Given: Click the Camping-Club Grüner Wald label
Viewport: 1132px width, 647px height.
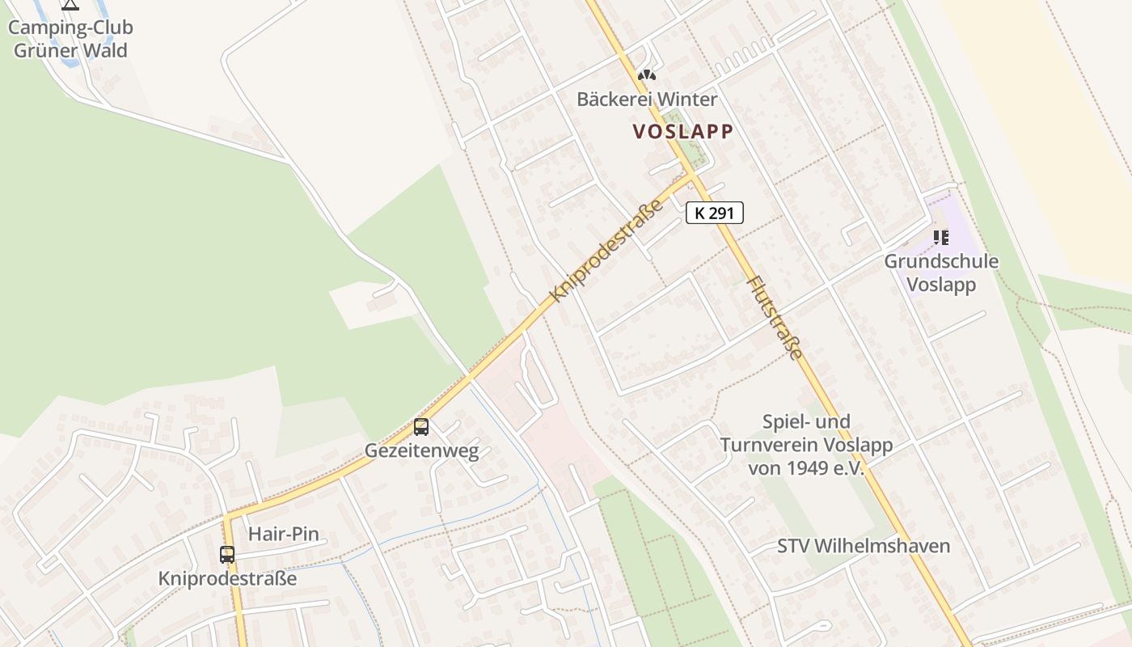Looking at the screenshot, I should pos(70,39).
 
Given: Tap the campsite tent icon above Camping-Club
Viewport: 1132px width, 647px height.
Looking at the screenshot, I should pos(70,5).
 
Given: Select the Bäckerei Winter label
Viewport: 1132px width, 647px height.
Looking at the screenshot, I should pos(647,99).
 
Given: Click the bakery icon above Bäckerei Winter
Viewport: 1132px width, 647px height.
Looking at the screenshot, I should pos(646,75).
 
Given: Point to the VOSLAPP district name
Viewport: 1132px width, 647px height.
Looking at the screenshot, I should pos(683,132).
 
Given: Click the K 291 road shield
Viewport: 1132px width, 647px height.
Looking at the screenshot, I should pos(714,213).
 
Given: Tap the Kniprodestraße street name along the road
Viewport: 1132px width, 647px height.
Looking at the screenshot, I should pos(606,251).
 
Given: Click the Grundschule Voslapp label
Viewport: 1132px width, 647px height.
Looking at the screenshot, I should pos(940,273).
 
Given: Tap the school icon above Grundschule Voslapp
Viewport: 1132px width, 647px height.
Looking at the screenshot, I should pos(940,238).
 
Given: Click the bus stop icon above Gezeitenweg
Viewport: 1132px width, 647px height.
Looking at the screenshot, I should pos(421,427).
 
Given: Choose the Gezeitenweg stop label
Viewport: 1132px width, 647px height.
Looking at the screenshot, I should pos(421,451).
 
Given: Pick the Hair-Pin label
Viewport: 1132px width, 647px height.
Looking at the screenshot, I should pos(283,534).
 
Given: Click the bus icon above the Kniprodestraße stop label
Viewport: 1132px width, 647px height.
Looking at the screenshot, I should pos(227,555).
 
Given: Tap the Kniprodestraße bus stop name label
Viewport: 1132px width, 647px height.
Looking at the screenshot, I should pos(227,579).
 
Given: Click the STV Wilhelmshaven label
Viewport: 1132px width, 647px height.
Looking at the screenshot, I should pos(864,546).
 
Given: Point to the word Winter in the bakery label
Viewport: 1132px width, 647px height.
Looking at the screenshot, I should pos(686,99).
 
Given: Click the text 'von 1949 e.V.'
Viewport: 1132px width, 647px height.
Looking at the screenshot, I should pos(806,468).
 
